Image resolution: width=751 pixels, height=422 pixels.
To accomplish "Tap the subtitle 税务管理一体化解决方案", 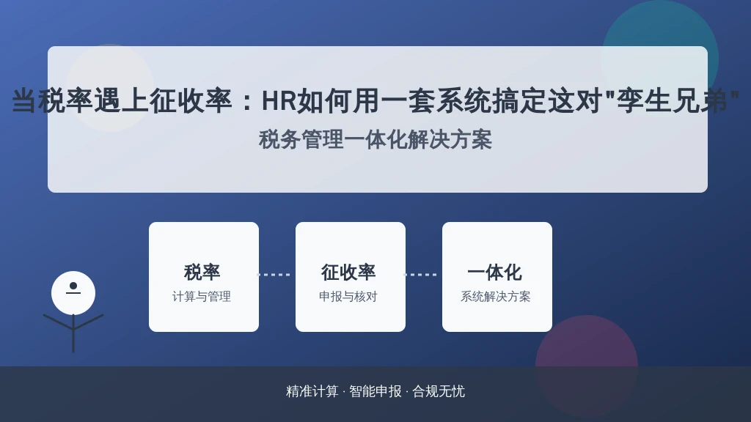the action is click(375, 140).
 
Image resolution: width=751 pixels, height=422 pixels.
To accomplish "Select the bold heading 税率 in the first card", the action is click(202, 273).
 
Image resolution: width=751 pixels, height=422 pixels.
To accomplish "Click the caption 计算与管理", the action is click(202, 297).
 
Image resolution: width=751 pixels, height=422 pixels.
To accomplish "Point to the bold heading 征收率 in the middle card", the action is click(348, 273).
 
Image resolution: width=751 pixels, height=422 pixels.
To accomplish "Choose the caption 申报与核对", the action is click(348, 297).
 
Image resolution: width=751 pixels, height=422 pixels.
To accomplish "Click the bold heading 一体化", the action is click(495, 273).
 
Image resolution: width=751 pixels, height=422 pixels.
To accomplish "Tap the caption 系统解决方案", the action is click(496, 297).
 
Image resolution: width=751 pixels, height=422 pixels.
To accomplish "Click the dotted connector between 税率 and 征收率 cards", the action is click(274, 275).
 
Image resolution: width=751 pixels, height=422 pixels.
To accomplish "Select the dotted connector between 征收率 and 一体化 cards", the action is click(421, 275).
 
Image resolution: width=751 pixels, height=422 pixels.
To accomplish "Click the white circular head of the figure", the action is click(73, 293).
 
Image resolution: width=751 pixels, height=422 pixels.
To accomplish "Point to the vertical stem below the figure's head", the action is click(73, 333).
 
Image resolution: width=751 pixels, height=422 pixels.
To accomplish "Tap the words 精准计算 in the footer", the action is click(312, 391).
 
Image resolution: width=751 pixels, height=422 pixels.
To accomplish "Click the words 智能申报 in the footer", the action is click(375, 391).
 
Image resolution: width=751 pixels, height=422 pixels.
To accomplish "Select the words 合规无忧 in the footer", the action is click(439, 391).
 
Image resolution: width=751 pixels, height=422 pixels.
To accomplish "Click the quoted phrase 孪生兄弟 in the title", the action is click(672, 101).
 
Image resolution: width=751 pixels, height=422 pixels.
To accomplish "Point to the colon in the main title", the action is click(247, 102).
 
